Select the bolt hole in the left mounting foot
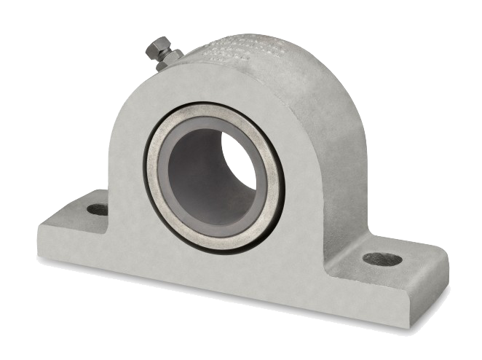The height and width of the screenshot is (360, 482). [x=97, y=209]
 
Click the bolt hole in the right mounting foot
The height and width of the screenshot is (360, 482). [x=382, y=259]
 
